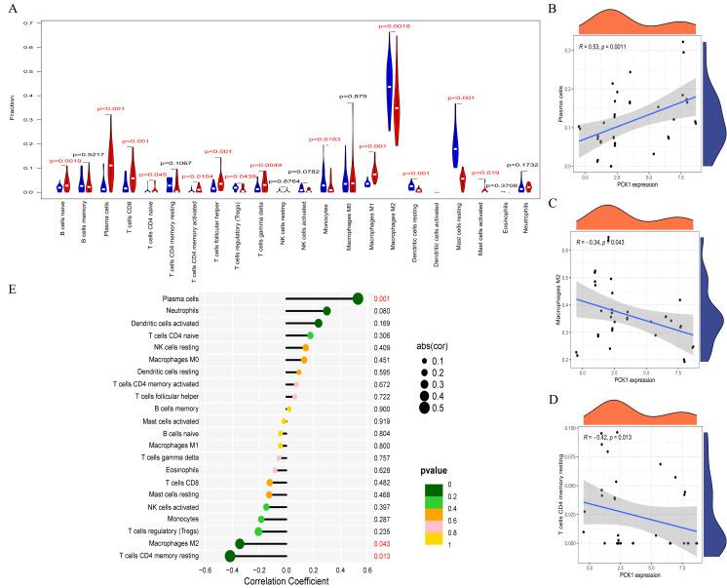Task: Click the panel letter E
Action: click(11, 288)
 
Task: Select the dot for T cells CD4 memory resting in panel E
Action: click(230, 556)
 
